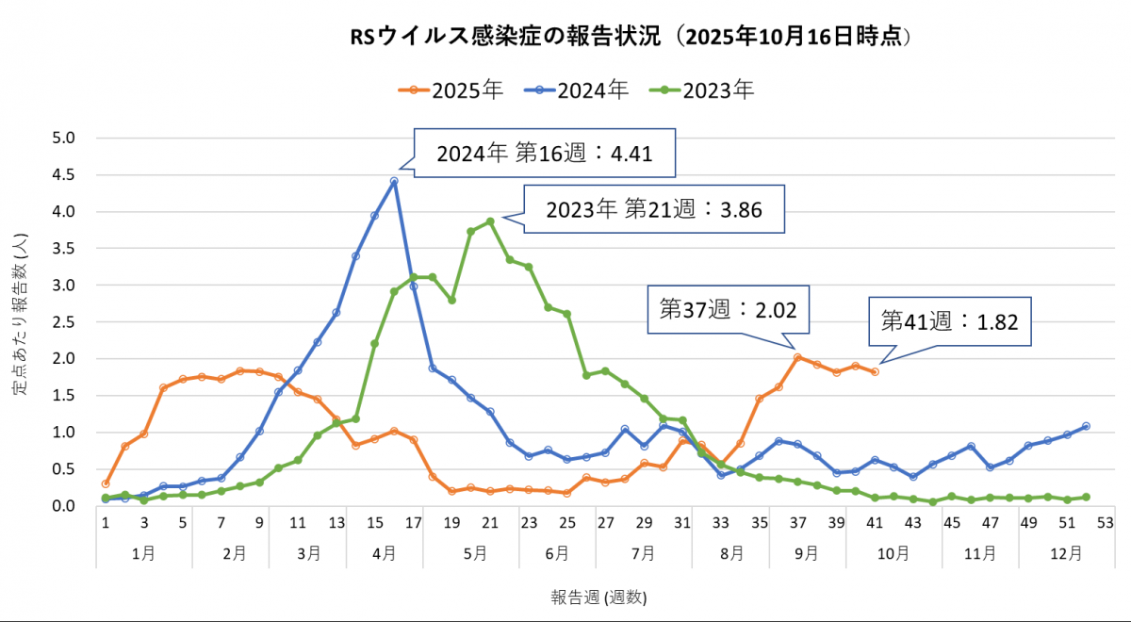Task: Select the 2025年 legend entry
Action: pyautogui.click(x=452, y=90)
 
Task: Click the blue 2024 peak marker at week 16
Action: pyautogui.click(x=394, y=181)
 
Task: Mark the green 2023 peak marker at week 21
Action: pyautogui.click(x=490, y=221)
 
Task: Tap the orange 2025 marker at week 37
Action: pyautogui.click(x=797, y=357)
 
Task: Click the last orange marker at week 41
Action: pyautogui.click(x=875, y=372)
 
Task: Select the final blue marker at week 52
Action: pyautogui.click(x=1086, y=426)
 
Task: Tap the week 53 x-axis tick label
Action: pyautogui.click(x=1106, y=522)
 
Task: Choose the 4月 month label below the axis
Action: pyautogui.click(x=384, y=553)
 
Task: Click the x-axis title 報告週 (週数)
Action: pyautogui.click(x=599, y=597)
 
